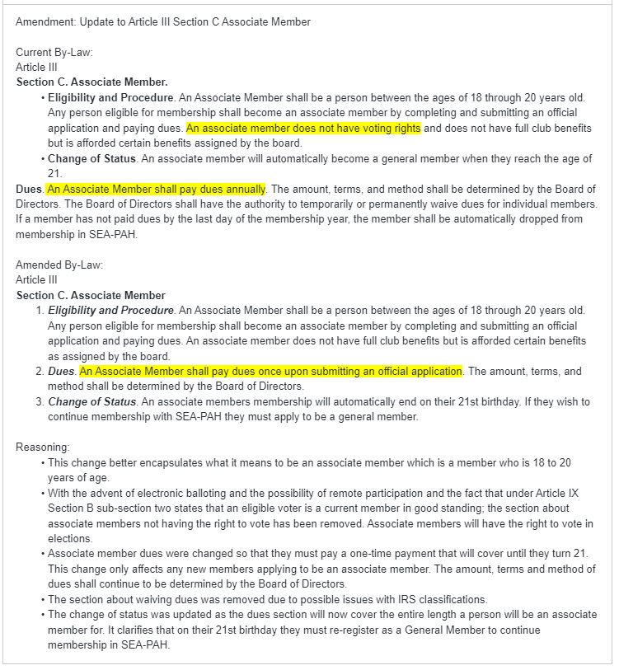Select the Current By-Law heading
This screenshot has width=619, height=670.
54,53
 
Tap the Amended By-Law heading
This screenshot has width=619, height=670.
59,265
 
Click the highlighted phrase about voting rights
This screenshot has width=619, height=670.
303,129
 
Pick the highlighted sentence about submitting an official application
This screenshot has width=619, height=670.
271,372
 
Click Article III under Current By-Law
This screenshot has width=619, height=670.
36,68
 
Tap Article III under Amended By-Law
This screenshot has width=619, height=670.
36,280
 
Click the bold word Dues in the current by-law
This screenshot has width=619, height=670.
30,190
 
